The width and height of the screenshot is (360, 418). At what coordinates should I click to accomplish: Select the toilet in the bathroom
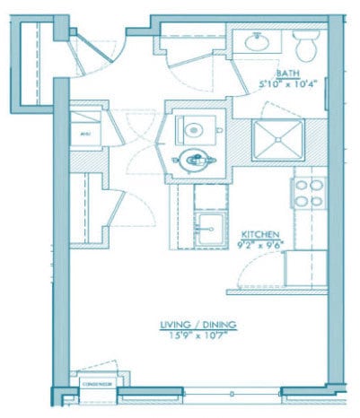coord(304,43)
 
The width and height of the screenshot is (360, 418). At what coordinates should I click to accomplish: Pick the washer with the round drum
coord(193,128)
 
